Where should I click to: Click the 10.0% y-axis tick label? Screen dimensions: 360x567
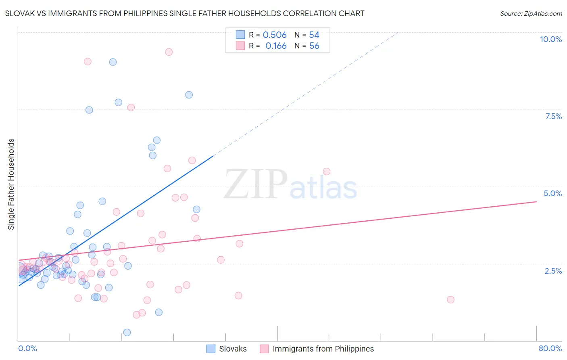[x=550, y=39]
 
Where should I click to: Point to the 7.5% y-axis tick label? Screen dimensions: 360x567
[x=553, y=116]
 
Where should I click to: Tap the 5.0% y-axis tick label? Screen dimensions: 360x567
[x=552, y=193]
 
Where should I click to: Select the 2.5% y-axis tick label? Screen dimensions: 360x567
[x=553, y=271]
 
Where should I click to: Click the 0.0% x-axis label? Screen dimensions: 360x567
[x=27, y=348]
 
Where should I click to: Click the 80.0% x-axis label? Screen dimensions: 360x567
[x=550, y=348]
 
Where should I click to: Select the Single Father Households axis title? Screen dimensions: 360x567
[x=11, y=184]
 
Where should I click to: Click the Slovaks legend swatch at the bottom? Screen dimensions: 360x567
[x=211, y=349]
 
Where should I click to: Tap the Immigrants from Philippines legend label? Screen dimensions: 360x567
[x=323, y=349]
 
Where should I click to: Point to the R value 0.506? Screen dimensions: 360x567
[x=275, y=35]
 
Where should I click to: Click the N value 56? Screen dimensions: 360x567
[x=314, y=46]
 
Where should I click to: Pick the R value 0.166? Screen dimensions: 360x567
[x=276, y=46]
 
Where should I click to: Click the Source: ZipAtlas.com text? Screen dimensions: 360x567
[x=531, y=14]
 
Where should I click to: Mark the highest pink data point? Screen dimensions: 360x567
[x=169, y=52]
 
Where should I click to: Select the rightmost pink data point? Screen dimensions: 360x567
[x=450, y=299]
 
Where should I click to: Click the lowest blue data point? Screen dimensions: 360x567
[x=127, y=333]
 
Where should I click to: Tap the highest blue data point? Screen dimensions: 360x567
[x=113, y=62]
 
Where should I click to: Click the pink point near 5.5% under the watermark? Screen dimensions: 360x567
[x=327, y=172]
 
